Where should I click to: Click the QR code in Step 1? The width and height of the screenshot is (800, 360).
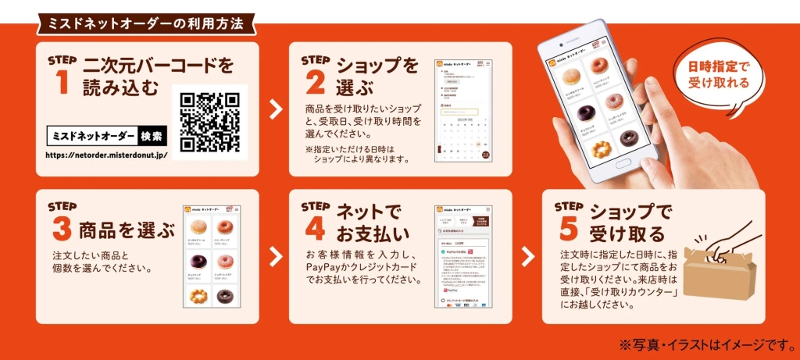click(209, 122)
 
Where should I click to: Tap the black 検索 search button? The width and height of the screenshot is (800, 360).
click(152, 137)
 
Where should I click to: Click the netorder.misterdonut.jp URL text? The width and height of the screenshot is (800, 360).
click(106, 154)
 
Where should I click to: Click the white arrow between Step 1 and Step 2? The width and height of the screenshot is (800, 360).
click(275, 109)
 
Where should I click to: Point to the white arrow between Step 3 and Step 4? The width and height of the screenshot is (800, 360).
click(275, 256)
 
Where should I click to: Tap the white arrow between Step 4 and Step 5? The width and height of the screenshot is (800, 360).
click(529, 256)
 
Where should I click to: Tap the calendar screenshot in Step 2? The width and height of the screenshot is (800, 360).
click(462, 109)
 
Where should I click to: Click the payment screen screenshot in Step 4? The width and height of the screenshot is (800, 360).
click(462, 258)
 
